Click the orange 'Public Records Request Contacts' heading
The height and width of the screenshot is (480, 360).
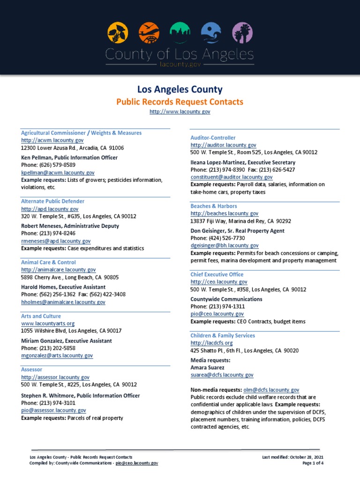(180, 102)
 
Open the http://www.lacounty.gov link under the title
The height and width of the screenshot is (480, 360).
(180, 112)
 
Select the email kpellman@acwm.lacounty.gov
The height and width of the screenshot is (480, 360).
(58, 172)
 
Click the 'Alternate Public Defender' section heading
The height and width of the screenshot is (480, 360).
(52, 201)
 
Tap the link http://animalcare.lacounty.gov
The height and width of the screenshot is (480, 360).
(58, 270)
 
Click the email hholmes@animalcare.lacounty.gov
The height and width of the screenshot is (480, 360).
(63, 302)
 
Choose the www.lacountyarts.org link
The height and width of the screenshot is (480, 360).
(48, 323)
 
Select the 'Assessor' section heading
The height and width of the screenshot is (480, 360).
(32, 369)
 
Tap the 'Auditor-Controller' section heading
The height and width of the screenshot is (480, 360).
(213, 138)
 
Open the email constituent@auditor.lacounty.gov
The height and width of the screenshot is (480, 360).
(232, 177)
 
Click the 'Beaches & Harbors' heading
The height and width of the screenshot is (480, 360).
(214, 206)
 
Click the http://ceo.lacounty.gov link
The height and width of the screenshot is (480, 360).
(219, 282)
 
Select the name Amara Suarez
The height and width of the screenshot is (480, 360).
(208, 367)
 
